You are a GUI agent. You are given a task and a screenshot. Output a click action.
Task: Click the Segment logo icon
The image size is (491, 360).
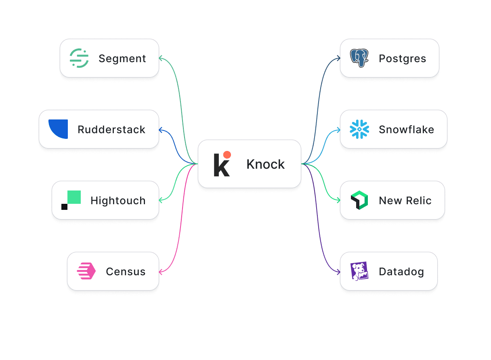coord(79,58)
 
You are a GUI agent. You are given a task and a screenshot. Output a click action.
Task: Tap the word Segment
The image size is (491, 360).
coord(122,59)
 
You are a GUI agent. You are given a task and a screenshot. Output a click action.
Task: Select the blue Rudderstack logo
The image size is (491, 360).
coord(58,129)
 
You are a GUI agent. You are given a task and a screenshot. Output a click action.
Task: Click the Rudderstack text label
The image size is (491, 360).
coord(111,130)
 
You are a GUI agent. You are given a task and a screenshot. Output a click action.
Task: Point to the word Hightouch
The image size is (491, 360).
coord(118,201)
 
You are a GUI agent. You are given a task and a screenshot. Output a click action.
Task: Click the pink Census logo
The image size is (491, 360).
coord(86,271)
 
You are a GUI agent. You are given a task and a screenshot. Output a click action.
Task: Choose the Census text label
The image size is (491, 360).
coord(126,272)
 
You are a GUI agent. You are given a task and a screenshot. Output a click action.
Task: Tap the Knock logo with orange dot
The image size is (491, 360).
coord(222,164)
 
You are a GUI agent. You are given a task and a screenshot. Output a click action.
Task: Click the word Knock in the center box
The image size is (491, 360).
coord(265,164)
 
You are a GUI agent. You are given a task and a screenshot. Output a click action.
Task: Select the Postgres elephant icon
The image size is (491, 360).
coord(359,58)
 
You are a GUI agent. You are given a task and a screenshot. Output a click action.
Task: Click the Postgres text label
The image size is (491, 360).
coord(402,59)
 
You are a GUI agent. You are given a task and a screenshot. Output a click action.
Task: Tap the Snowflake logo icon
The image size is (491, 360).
coord(359,129)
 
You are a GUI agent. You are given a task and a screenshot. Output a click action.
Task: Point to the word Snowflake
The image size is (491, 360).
coord(406,130)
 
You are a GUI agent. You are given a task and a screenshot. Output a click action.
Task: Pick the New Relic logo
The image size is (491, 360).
coord(359,201)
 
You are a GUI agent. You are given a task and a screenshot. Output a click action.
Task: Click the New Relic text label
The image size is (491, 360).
coord(405,201)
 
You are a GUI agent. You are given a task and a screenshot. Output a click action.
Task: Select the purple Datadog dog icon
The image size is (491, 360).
coord(359,271)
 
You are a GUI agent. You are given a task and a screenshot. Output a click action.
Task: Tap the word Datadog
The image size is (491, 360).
coord(401,272)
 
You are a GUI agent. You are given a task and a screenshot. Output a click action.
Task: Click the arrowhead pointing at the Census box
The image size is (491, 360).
coord(161,272)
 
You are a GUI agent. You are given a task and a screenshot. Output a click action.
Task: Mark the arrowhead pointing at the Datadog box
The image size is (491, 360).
coord(338,272)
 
